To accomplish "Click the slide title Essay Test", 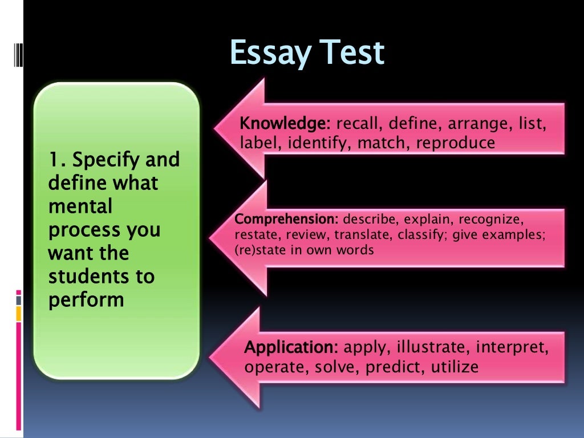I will pyautogui.click(x=307, y=54).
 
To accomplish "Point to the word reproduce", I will pyautogui.click(x=456, y=143).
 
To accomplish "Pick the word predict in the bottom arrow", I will pyautogui.click(x=393, y=367).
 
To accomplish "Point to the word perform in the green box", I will pyautogui.click(x=86, y=299).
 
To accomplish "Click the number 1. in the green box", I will pyautogui.click(x=58, y=160).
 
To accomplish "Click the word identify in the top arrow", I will pyautogui.click(x=320, y=143).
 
